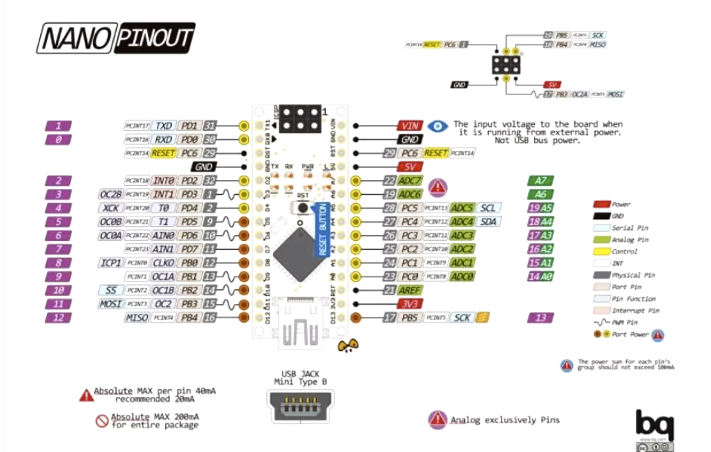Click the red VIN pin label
click(410, 126)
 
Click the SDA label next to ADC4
click(488, 222)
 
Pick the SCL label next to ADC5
click(488, 207)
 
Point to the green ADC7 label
click(410, 181)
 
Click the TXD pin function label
click(164, 126)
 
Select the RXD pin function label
click(164, 139)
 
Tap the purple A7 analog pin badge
click(541, 181)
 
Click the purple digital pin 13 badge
click(541, 317)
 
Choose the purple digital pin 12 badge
click(59, 317)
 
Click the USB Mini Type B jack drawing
click(300, 407)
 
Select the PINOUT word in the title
click(154, 36)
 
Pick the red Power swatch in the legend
click(602, 204)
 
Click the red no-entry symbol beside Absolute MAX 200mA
click(102, 421)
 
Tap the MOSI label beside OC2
click(110, 303)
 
